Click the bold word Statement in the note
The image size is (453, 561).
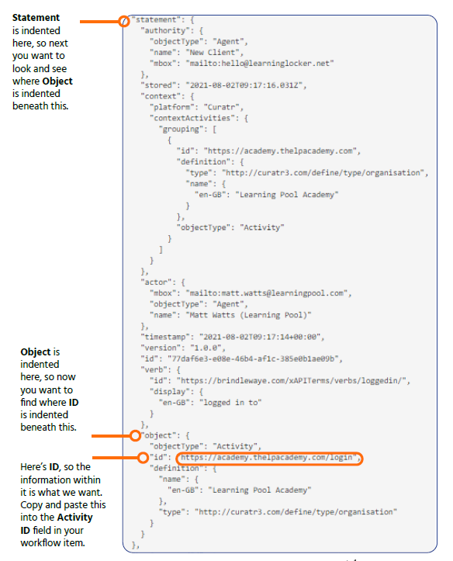[36, 18]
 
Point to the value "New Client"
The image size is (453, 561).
[213, 53]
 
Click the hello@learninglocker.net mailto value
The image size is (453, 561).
[259, 64]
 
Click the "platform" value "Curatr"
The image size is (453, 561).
[221, 107]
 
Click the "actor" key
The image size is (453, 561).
[158, 282]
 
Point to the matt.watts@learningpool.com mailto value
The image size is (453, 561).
[266, 293]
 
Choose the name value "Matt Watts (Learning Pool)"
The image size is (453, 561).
[248, 315]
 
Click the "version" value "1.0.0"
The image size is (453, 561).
[206, 348]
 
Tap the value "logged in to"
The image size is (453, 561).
[233, 403]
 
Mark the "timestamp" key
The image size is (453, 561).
[167, 337]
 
